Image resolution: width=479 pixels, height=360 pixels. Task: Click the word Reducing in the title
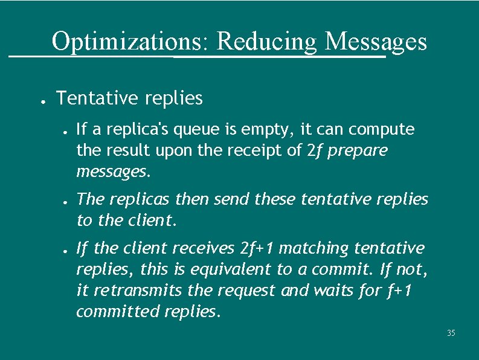pyautogui.click(x=266, y=42)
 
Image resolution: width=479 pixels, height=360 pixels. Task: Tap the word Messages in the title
pyautogui.click(x=376, y=42)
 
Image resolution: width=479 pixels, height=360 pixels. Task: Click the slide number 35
pyautogui.click(x=451, y=333)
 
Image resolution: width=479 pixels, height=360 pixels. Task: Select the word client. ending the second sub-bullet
pyautogui.click(x=152, y=220)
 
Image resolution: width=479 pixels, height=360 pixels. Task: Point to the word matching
pyautogui.click(x=315, y=248)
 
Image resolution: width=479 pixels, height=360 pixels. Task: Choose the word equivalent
pyautogui.click(x=230, y=270)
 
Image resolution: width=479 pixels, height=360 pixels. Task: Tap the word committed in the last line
pyautogui.click(x=118, y=312)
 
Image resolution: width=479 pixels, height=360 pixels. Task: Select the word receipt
pyautogui.click(x=264, y=150)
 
